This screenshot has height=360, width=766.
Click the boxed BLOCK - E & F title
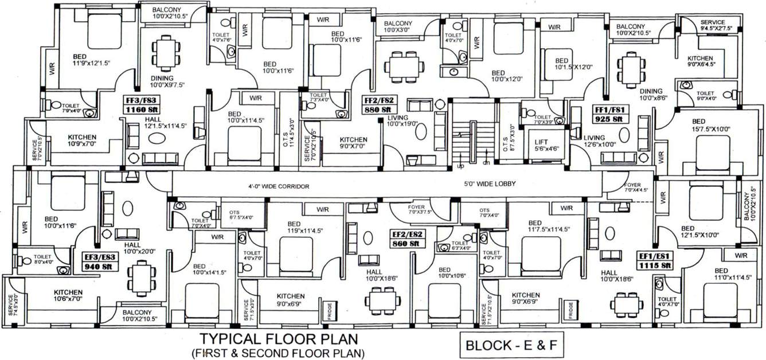511,346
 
